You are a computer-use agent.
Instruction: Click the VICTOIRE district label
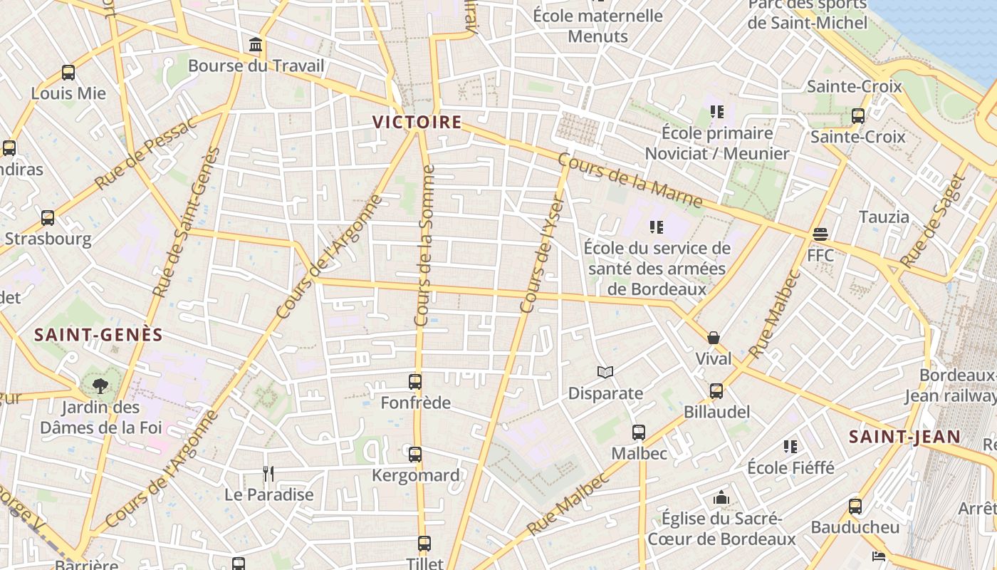coord(417,122)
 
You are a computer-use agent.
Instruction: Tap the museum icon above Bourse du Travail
coord(256,46)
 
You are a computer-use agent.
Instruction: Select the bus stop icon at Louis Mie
coord(68,73)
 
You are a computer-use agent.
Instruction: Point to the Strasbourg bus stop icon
coord(48,218)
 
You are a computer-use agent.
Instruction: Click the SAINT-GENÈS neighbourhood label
coord(99,335)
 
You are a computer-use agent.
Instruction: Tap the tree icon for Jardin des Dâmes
coord(100,386)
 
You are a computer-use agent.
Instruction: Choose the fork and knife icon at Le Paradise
coord(268,474)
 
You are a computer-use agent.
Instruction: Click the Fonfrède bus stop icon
coord(415,382)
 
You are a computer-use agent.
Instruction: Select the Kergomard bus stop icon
coord(415,454)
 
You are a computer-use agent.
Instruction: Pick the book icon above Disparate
coord(605,372)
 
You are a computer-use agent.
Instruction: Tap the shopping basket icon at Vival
coord(714,338)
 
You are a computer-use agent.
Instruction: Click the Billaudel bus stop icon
coord(716,391)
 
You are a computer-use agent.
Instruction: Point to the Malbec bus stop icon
coord(639,432)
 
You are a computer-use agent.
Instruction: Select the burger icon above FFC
coord(820,234)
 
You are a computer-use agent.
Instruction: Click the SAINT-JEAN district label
coord(904,437)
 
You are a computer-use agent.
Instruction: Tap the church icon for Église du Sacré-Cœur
coord(721,497)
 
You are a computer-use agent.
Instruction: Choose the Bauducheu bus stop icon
coord(855,507)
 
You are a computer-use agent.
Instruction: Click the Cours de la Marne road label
coord(630,181)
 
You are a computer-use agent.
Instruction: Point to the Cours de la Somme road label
coord(425,246)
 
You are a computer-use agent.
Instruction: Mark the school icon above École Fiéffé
coord(790,447)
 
